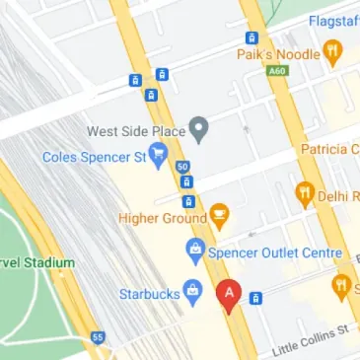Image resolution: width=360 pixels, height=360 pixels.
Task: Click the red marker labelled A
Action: [230, 293]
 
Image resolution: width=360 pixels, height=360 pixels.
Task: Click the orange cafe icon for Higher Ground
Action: [219, 215]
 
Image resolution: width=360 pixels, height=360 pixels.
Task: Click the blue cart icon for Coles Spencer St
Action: [157, 157]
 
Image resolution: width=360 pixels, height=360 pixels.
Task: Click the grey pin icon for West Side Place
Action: [198, 128]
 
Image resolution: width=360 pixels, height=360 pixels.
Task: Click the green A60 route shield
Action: [279, 70]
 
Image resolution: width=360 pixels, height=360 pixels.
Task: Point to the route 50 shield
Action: [183, 167]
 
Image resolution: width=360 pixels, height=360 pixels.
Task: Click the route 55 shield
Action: [97, 337]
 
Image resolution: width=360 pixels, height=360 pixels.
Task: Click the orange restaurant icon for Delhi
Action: [304, 195]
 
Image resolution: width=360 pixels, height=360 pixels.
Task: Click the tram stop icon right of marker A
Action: [256, 297]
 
